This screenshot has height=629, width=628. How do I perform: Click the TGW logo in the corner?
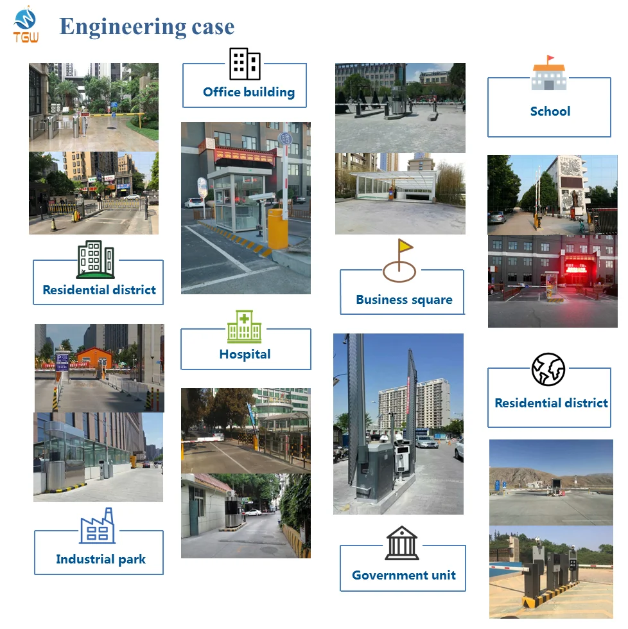[x=26, y=25]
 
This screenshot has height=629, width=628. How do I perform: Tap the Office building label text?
[x=249, y=92]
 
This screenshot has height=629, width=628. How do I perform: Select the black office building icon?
[x=245, y=64]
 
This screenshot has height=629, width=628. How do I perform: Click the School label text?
[x=550, y=111]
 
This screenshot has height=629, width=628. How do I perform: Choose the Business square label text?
[x=404, y=299]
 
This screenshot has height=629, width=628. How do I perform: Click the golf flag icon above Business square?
[x=399, y=260]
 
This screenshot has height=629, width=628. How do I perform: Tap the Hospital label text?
[x=245, y=354]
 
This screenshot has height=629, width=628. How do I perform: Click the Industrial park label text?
[x=101, y=559]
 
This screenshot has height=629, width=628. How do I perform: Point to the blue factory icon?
[x=98, y=526]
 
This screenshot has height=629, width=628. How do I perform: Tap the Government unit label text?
[x=403, y=575]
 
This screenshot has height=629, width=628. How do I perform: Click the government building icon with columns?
[x=402, y=543]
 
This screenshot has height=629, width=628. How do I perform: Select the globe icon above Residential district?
[x=548, y=369]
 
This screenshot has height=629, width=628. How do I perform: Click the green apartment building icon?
[x=95, y=260]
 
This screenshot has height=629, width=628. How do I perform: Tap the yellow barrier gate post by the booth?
[x=277, y=229]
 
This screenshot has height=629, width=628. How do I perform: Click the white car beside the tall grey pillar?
[x=426, y=442]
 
